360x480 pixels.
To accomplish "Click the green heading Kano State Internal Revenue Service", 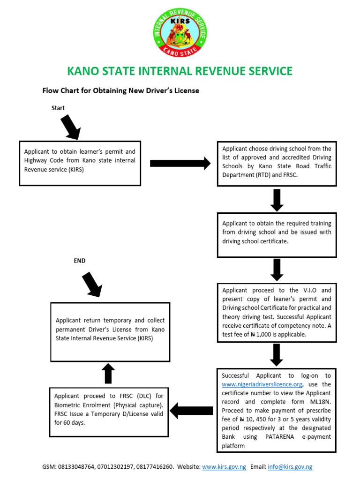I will click(180, 71).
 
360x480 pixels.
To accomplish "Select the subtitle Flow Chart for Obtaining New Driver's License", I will click(121, 90).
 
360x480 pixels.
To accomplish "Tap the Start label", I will click(58, 108).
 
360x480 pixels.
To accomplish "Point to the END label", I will click(80, 261).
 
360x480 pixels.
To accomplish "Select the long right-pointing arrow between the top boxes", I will click(180, 163).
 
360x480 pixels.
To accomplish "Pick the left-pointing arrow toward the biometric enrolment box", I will click(191, 411).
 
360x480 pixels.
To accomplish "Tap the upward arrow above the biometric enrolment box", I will click(108, 374).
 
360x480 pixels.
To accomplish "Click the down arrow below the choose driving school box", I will click(277, 200).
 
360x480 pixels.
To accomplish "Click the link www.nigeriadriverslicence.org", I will click(259, 384).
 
